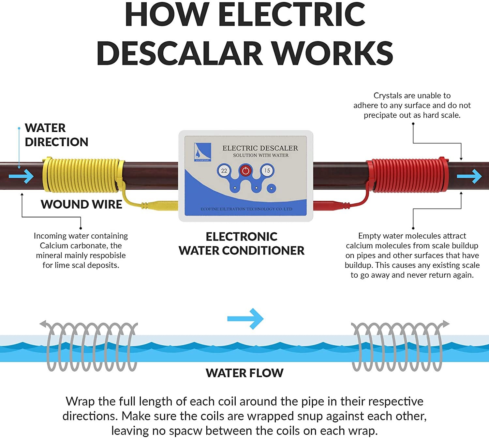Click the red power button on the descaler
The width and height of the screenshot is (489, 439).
click(245, 170)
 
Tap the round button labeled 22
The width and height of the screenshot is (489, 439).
click(224, 170)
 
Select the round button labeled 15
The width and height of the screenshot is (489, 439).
click(267, 170)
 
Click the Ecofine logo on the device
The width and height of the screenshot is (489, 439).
click(202, 152)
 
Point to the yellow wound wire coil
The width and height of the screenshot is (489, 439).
click(81, 175)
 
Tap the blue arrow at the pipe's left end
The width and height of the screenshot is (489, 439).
click(21, 176)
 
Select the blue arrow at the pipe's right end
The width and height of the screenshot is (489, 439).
click(469, 176)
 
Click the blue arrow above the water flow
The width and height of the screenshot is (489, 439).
click(245, 318)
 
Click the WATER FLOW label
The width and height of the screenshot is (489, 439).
click(244, 373)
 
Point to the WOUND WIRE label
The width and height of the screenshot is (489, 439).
click(81, 204)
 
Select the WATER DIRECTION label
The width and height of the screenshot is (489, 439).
click(56, 135)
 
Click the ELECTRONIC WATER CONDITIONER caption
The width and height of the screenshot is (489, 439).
click(242, 243)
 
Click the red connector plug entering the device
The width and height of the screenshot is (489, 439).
click(329, 206)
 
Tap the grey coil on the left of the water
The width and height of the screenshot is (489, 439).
click(91, 346)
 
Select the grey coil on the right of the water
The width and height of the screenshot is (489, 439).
click(398, 346)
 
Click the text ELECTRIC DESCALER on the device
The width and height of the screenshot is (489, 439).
click(260, 148)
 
